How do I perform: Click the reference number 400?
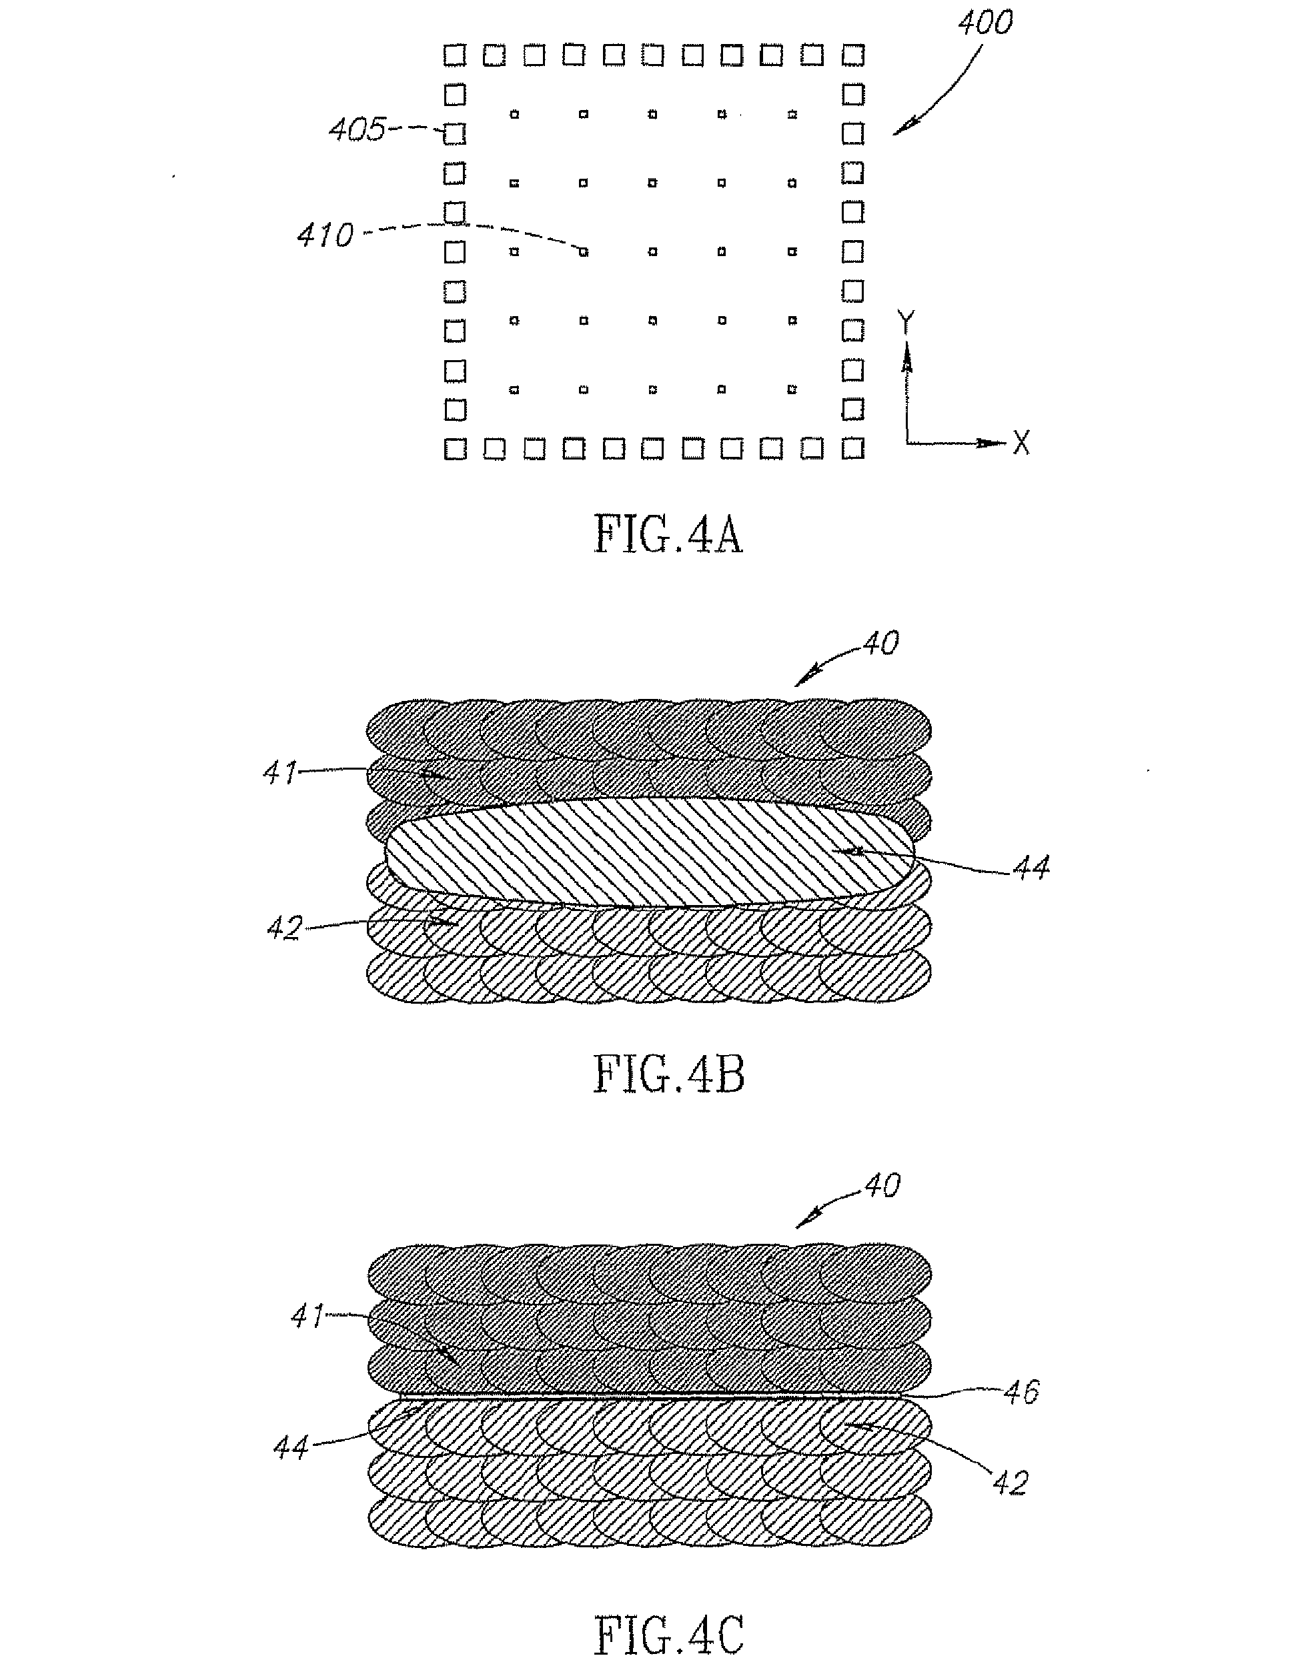(x=985, y=23)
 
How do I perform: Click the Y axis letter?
(x=906, y=323)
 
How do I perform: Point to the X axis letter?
(x=1021, y=443)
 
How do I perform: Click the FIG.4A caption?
(x=668, y=536)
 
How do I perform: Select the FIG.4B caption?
(x=668, y=1075)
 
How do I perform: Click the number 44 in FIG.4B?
(x=1031, y=868)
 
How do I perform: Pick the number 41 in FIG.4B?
(x=279, y=772)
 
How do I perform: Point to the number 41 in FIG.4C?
(x=307, y=1317)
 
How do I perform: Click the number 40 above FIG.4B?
(x=880, y=642)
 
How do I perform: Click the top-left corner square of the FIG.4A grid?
(x=455, y=55)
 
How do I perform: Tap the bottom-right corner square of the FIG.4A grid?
(x=853, y=449)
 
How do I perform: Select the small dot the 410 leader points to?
(x=584, y=251)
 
